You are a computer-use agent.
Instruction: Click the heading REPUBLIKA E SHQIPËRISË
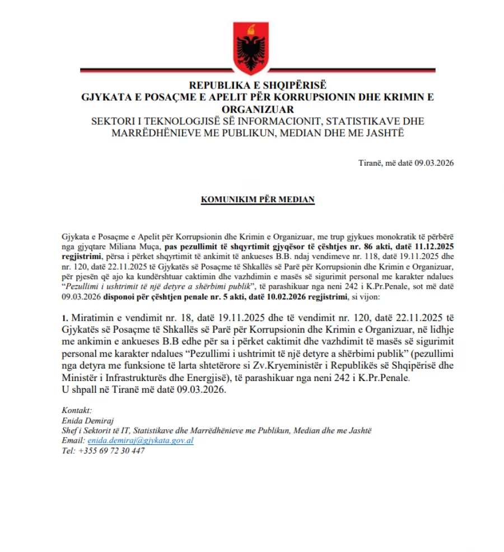click(x=257, y=86)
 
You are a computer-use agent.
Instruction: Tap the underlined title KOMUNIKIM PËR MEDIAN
click(x=258, y=200)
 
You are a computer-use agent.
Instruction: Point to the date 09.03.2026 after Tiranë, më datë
click(x=434, y=163)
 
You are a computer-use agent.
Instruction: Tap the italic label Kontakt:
click(x=76, y=411)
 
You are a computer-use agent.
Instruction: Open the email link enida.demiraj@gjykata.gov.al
click(x=141, y=441)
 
